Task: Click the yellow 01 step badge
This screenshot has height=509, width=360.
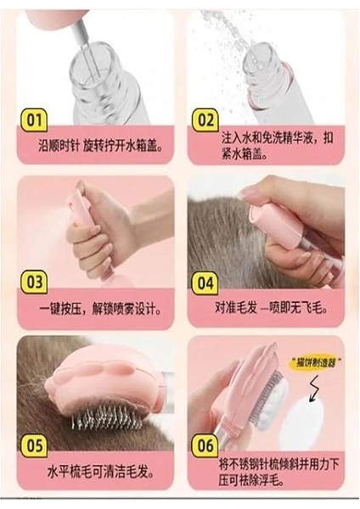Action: tap(34, 120)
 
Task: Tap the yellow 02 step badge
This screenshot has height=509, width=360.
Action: tap(205, 120)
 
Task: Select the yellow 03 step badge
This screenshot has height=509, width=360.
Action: tap(34, 282)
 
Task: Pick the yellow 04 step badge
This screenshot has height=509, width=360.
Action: tap(205, 283)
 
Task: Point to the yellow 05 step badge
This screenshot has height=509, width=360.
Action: tap(34, 445)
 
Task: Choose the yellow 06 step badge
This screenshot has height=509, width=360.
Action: tap(205, 445)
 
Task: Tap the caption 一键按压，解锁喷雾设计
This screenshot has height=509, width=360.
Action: tap(100, 309)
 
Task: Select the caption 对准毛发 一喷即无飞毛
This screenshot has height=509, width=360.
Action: tap(271, 307)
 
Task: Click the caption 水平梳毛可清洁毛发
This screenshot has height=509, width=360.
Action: tap(100, 472)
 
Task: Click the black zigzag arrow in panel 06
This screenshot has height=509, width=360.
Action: tap(314, 389)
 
